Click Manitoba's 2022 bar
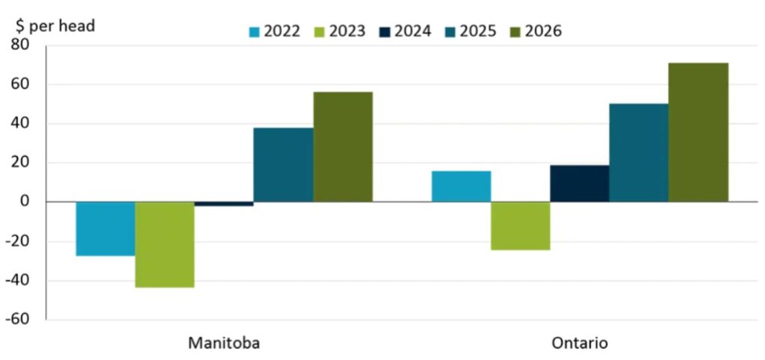tap(105, 229)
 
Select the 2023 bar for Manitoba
tap(164, 244)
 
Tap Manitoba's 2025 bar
tap(283, 164)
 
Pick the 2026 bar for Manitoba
tap(343, 146)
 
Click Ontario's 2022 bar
tap(461, 186)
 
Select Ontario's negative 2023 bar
tap(520, 226)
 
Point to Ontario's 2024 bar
tap(579, 183)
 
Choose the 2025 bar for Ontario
tap(639, 152)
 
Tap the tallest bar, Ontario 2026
tap(698, 132)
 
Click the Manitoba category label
tap(224, 344)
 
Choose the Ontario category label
tap(579, 344)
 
